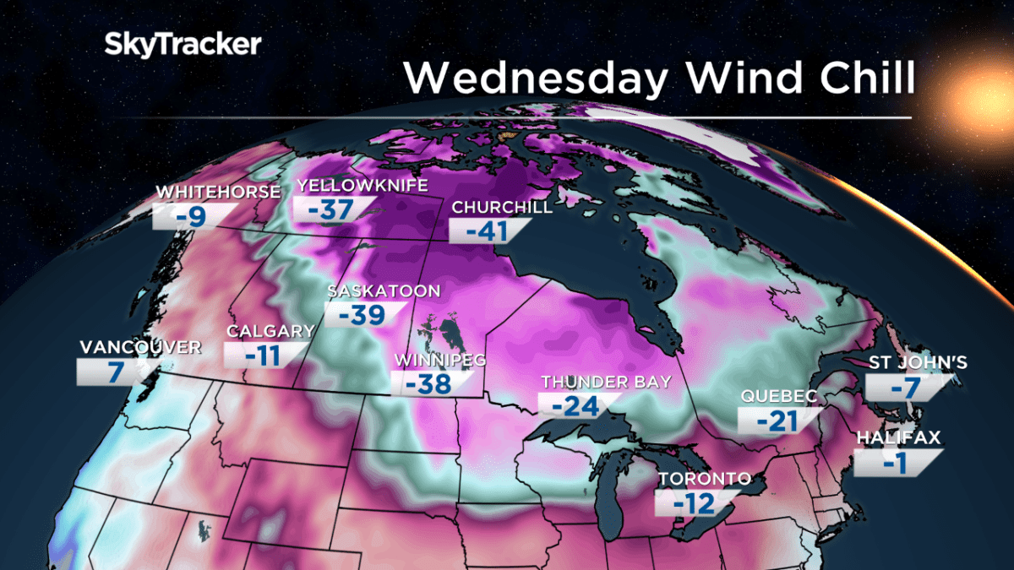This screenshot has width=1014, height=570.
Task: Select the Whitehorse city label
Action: (217, 193)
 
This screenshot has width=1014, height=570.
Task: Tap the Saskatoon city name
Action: (384, 291)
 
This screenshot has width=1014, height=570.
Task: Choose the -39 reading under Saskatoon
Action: (363, 314)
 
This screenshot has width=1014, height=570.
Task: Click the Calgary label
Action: (270, 331)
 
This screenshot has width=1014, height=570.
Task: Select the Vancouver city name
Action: (140, 347)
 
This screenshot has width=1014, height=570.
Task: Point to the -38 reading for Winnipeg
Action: (429, 384)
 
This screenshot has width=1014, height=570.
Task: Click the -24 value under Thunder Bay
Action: (575, 406)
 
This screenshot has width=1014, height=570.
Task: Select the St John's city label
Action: (919, 364)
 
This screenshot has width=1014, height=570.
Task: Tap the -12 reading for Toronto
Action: (694, 504)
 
